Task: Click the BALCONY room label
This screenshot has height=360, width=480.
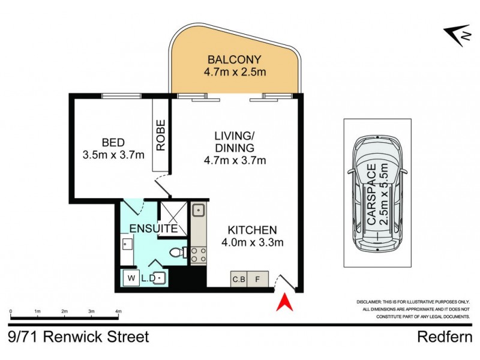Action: (x=235, y=59)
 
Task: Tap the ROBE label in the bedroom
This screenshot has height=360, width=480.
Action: (x=161, y=135)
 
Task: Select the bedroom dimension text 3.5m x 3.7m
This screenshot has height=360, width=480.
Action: (x=113, y=155)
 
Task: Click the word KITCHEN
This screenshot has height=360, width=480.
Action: (x=252, y=230)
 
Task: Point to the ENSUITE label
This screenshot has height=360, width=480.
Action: (x=154, y=229)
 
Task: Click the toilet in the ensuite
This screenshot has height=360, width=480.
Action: (x=178, y=253)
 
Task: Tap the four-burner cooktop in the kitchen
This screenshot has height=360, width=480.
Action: (x=199, y=256)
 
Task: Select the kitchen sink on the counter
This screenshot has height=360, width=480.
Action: (x=199, y=211)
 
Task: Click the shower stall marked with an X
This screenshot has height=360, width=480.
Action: (x=173, y=219)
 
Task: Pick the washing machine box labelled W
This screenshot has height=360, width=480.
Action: (x=131, y=278)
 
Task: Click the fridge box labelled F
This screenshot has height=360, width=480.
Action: (x=257, y=279)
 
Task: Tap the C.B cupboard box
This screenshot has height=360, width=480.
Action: (x=239, y=279)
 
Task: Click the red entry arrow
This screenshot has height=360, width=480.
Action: (x=284, y=302)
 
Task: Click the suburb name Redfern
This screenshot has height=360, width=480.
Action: (x=445, y=337)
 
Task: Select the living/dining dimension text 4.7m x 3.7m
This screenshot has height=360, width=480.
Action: (x=235, y=160)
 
